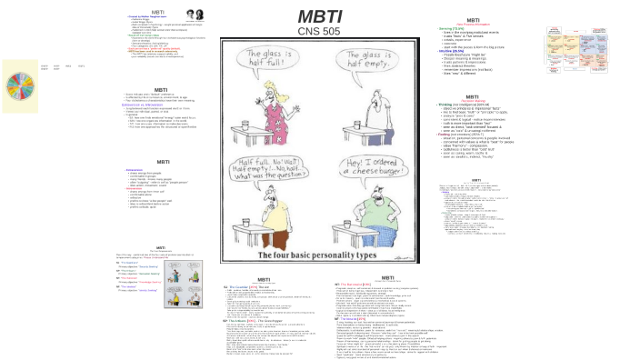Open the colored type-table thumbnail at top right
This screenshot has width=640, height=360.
[557, 43]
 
